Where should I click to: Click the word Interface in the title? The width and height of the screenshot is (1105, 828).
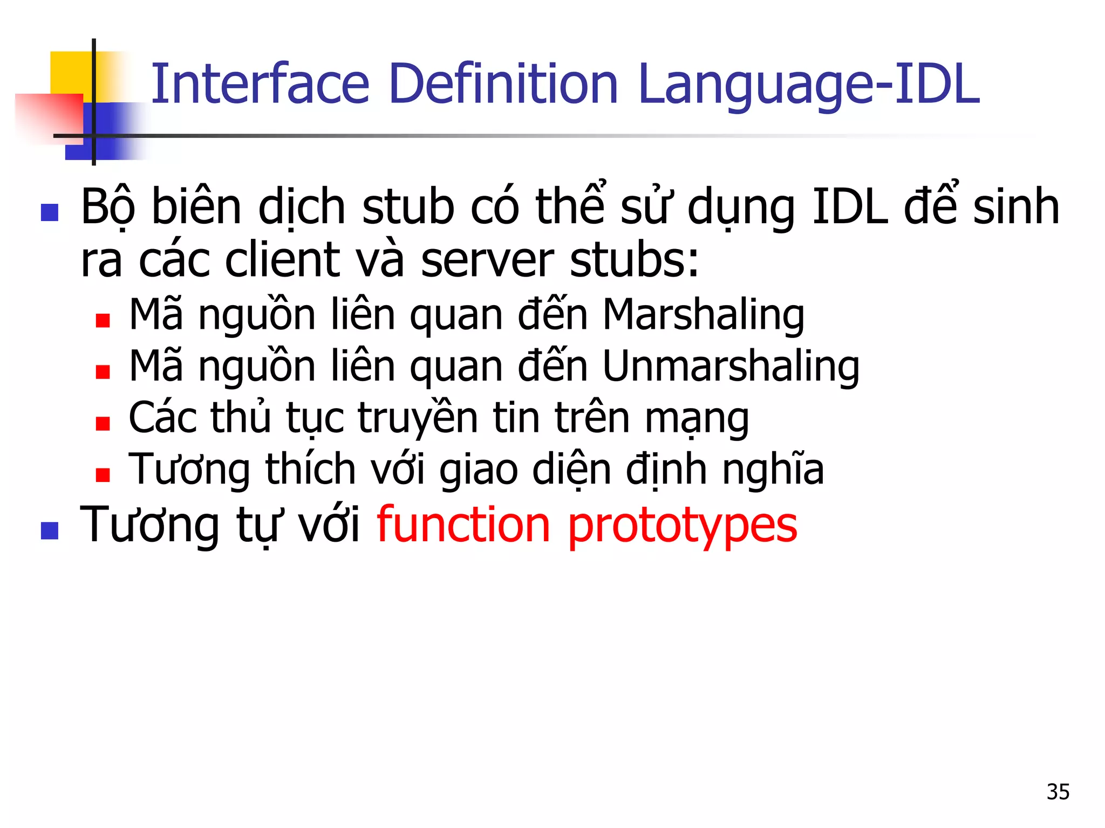[260, 84]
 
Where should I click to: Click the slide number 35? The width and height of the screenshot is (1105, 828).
[1058, 792]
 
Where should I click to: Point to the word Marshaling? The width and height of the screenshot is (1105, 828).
[703, 316]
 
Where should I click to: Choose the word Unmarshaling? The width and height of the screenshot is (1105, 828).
[731, 368]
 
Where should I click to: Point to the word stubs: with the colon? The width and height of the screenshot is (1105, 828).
[635, 260]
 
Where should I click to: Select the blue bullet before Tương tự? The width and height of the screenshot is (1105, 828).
[50, 530]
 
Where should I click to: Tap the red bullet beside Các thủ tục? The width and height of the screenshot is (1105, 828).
[103, 424]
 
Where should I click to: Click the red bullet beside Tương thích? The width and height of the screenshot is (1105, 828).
[103, 475]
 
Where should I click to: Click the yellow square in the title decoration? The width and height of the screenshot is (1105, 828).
[70, 73]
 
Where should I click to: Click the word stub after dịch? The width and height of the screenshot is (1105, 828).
[408, 207]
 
